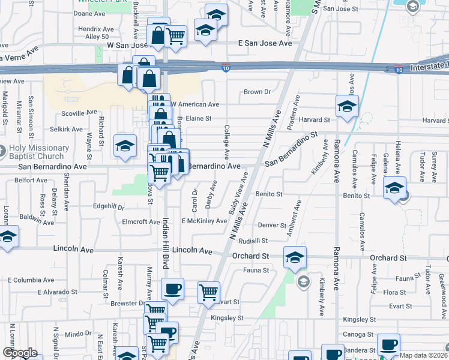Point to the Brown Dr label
tap(258, 92)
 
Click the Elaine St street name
tap(199, 118)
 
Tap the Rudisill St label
tap(253, 241)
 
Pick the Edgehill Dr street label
tap(109, 208)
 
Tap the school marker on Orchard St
tap(295, 257)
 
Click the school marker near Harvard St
tap(347, 106)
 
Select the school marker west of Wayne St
tap(125, 145)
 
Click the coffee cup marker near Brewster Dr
tap(172, 289)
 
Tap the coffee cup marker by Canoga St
tap(388, 344)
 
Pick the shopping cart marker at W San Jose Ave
tap(175, 35)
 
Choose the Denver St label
tap(272, 226)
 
